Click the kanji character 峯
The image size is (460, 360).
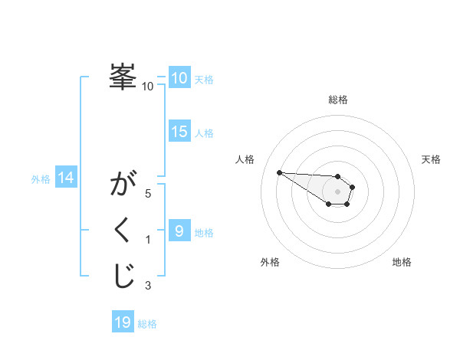point(123,77)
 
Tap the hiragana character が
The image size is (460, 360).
point(123,186)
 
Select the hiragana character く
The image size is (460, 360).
point(123,231)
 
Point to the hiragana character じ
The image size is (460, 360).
point(123,277)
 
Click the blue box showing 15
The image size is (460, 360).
point(179,132)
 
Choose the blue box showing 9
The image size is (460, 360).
point(179,231)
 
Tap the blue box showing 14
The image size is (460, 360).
point(66,178)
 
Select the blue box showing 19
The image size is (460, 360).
point(123,322)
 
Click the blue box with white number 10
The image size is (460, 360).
point(179,78)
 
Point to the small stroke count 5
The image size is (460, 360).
point(148,194)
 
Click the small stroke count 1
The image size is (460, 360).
point(148,241)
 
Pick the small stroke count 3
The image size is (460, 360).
point(148,286)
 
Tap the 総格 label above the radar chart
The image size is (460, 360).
point(338,100)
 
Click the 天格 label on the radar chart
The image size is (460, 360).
point(432,159)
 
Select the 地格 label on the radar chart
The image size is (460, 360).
point(402,263)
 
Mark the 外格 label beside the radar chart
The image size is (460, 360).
point(269,263)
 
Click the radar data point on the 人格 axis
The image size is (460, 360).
point(279,172)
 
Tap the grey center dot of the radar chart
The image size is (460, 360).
point(338,191)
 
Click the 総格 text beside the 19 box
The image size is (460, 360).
point(147,324)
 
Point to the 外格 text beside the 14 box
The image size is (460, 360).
point(41,179)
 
